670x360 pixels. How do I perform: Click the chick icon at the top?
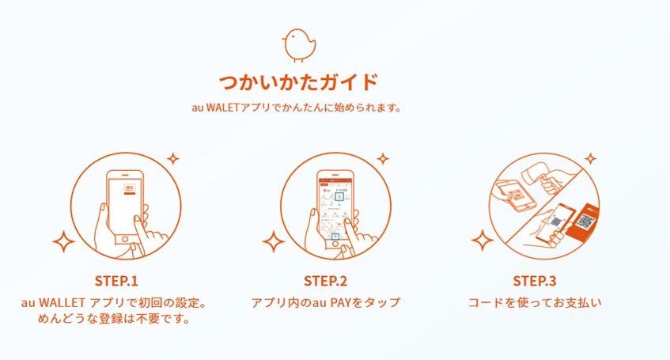(299, 45)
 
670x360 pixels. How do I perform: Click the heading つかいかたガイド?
(299, 82)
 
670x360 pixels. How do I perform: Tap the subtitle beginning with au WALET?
(297, 108)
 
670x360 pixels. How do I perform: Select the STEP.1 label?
(116, 281)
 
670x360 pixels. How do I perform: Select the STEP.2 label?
(326, 281)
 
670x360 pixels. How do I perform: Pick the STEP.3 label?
(535, 281)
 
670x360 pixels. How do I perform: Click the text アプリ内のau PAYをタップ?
(326, 303)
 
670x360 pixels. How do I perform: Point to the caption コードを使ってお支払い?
(535, 303)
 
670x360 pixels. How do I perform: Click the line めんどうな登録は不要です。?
(114, 319)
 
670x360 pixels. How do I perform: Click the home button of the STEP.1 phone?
(125, 239)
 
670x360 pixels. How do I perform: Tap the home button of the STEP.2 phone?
(335, 244)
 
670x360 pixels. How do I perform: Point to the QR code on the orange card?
(585, 221)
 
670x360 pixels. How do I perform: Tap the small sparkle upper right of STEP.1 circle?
(172, 159)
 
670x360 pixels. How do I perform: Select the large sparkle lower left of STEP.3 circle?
(483, 241)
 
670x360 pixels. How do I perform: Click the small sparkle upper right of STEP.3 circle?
(591, 159)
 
